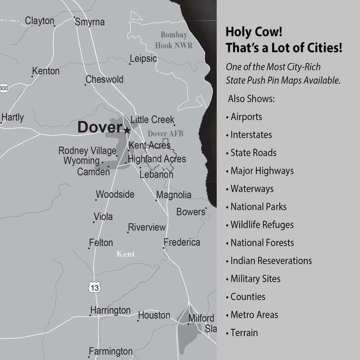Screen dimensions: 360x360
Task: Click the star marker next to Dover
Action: coord(127,130)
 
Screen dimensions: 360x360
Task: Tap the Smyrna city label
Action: coord(90,22)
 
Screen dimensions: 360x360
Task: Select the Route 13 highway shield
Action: coord(95,287)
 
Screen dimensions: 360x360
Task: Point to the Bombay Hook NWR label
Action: coord(173,40)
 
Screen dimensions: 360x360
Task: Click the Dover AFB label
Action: coord(166,133)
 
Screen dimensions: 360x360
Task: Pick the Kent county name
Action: coord(126,254)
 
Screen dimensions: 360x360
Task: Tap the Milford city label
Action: coord(201,318)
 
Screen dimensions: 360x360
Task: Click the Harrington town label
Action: coord(110,311)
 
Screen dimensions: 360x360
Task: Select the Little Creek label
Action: coord(153,120)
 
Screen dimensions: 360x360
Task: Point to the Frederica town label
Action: coord(182,242)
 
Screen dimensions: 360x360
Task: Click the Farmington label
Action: coord(110,351)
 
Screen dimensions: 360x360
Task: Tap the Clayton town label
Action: coord(39,21)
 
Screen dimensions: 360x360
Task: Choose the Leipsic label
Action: coord(144,59)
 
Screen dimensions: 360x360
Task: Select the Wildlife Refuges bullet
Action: coord(262,225)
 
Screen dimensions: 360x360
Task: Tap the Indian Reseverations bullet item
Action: coord(271,261)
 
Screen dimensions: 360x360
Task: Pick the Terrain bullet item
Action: coord(244,333)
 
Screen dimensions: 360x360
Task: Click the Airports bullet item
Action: coord(246,117)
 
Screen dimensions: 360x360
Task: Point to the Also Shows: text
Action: coord(251,99)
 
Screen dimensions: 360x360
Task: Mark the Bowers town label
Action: coord(191,212)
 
